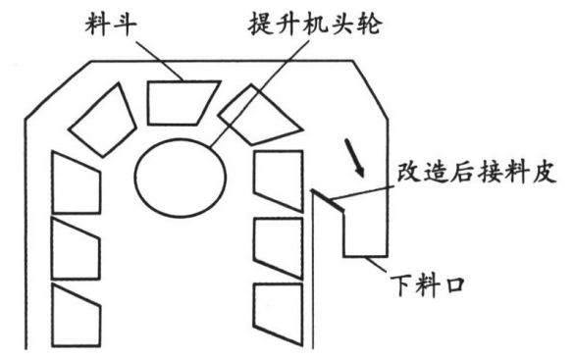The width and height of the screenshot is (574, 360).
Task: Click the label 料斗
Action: coord(111,25)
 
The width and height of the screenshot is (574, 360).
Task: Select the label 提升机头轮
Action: coord(315,25)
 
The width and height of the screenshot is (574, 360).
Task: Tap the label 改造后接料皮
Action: coord(477,172)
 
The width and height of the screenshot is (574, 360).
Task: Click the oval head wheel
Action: coord(181,178)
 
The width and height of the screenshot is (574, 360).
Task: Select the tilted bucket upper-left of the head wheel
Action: coord(103,120)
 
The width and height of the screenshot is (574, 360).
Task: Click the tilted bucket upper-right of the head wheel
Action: coord(261,115)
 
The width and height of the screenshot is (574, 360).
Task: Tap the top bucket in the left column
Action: coord(76,182)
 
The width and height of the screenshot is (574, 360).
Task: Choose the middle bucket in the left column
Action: coord(76,248)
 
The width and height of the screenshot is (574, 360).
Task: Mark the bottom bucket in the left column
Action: coord(76,315)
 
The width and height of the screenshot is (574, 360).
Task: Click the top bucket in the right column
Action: coord(279,180)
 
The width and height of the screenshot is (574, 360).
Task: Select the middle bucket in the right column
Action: coord(279,248)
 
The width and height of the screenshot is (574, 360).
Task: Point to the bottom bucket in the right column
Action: coord(279,314)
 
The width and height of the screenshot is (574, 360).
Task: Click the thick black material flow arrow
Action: coord(353,158)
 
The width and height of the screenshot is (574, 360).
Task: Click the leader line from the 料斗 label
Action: coord(159,60)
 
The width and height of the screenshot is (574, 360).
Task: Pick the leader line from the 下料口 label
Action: coord(376,264)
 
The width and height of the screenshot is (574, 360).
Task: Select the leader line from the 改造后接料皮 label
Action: coord(361,193)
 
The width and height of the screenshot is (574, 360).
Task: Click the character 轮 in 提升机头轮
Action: coord(369,25)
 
